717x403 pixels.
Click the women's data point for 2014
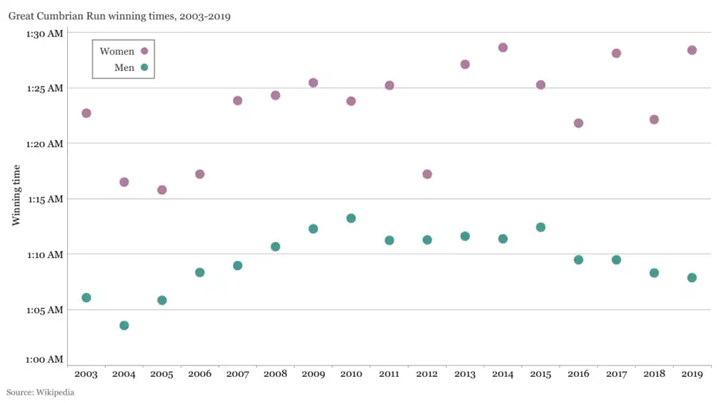[x=503, y=48]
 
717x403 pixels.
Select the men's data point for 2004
[x=124, y=325]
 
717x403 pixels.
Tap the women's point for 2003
[x=86, y=113]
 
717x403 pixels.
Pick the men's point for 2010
[x=351, y=218]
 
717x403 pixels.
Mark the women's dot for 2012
[x=427, y=174]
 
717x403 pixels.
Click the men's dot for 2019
[x=692, y=277]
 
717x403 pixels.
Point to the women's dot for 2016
[x=578, y=123]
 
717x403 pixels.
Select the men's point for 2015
[x=541, y=227]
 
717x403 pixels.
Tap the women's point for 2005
[x=162, y=190]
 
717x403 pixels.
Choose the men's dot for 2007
[x=238, y=265]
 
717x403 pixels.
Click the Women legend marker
[x=145, y=52]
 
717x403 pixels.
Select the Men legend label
[x=124, y=68]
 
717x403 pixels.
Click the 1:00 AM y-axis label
[x=45, y=360]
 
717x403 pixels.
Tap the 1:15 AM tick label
[x=45, y=199]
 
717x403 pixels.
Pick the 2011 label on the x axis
[x=389, y=374]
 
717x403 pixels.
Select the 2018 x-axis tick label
[x=654, y=374]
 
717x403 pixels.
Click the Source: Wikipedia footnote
[x=40, y=392]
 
